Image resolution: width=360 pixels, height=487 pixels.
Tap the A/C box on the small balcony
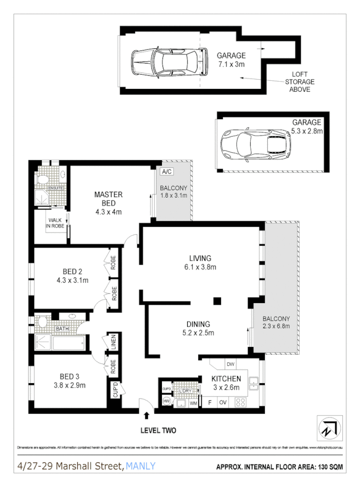(166, 172)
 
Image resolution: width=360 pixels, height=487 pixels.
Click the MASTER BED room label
(108, 199)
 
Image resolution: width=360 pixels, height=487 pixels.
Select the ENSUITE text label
(56, 188)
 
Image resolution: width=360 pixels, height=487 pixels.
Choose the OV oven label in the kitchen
(223, 403)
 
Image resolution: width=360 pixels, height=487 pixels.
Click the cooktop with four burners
(240, 402)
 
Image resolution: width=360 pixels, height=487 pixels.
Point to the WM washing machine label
(193, 404)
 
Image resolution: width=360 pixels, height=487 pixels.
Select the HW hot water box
(166, 402)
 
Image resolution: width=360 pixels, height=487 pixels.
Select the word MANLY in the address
(140, 467)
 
